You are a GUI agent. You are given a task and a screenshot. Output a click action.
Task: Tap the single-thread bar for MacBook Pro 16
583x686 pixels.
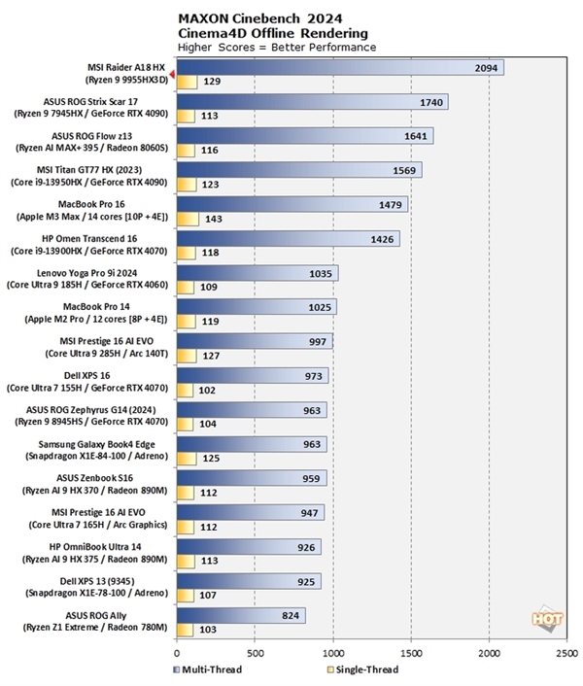(188, 219)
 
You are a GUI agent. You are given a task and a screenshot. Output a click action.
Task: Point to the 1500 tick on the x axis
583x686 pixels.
(412, 654)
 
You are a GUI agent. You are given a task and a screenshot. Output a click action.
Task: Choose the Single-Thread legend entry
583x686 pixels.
(360, 669)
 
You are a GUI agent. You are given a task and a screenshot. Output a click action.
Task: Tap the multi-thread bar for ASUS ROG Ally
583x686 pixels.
(241, 614)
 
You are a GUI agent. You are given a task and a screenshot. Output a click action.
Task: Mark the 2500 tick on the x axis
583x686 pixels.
(567, 654)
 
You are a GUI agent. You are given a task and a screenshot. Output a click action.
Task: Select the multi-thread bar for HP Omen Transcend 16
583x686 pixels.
(288, 238)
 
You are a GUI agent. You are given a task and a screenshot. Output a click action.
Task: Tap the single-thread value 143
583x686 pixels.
(214, 219)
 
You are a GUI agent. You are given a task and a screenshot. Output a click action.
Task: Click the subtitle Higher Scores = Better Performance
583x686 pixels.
(277, 46)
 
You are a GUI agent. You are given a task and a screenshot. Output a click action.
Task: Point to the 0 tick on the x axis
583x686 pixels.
(177, 654)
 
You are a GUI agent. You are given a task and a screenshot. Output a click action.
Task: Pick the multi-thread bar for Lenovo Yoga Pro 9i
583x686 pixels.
(257, 273)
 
